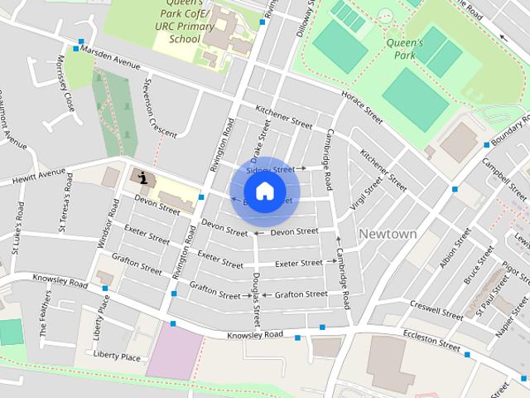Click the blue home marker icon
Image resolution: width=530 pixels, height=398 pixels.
click(x=264, y=192)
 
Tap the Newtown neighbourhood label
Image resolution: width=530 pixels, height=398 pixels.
click(x=388, y=234)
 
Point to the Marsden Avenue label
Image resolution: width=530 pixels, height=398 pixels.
click(x=117, y=60)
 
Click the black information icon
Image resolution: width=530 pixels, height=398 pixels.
click(x=144, y=177)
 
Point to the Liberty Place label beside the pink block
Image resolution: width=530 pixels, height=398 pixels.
click(x=117, y=357)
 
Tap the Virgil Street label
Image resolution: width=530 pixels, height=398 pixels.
click(x=366, y=193)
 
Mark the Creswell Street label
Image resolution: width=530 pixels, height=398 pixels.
click(x=436, y=310)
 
